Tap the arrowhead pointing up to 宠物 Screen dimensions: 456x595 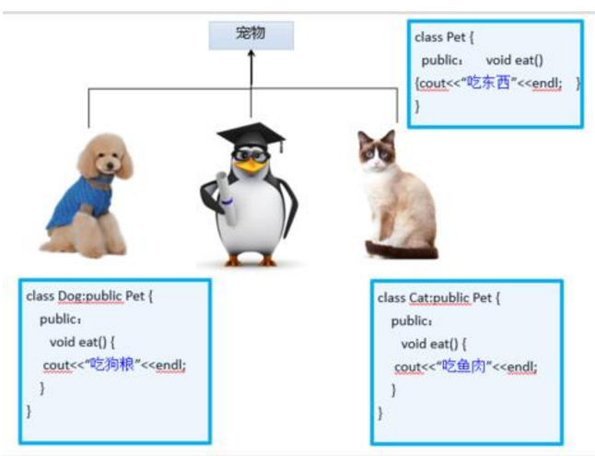pyautogui.click(x=251, y=56)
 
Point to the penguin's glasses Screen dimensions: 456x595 pyautogui.click(x=251, y=158)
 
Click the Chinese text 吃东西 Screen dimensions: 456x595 pyautogui.click(x=488, y=83)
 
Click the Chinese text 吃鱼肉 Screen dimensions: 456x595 pyautogui.click(x=463, y=367)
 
